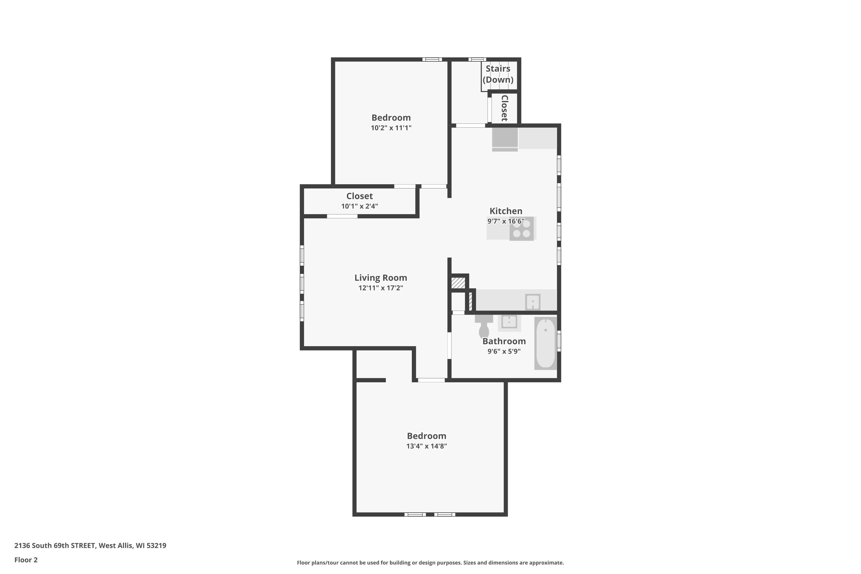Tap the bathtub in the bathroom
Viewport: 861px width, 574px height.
coord(546,343)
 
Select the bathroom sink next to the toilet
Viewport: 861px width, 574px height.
coord(509,322)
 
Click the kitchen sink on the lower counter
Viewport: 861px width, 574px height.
coord(533,302)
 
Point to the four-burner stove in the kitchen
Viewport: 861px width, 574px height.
coord(521,229)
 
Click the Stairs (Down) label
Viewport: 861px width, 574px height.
coord(498,74)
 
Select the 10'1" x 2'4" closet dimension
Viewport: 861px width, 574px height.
coord(360,206)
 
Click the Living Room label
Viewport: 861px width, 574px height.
coord(381,278)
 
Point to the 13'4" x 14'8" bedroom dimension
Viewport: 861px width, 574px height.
coord(426,446)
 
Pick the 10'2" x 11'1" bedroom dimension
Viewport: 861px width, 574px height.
coord(391,128)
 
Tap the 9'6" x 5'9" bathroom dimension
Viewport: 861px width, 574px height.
coord(504,351)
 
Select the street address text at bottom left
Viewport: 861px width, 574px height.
coord(90,546)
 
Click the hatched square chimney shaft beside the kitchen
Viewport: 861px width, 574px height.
coord(458,283)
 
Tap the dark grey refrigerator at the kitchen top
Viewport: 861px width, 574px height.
coord(505,138)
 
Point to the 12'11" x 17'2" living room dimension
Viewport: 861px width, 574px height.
coord(381,288)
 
